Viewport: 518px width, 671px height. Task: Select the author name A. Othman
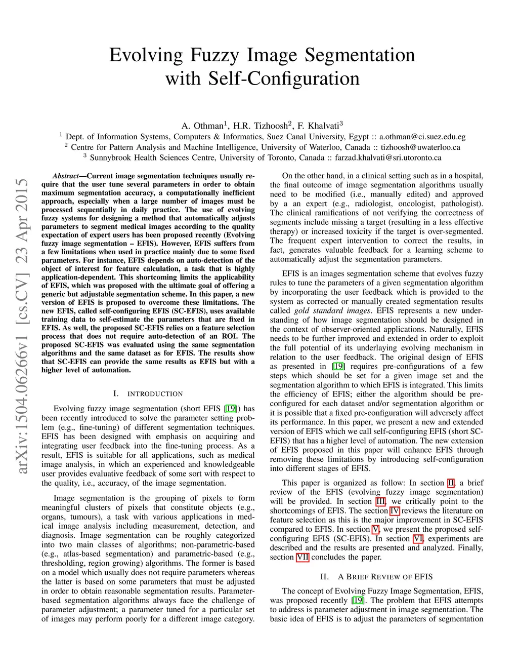(x=202, y=126)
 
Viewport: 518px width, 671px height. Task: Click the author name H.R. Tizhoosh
(x=260, y=126)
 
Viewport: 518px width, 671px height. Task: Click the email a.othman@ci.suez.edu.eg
(x=422, y=137)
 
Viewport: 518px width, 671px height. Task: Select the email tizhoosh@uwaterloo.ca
(x=420, y=147)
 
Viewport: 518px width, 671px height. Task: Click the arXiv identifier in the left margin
(x=22, y=326)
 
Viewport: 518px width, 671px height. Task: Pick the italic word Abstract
(x=66, y=176)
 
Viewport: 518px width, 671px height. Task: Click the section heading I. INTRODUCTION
(x=148, y=393)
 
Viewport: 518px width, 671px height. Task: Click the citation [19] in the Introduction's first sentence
(x=231, y=409)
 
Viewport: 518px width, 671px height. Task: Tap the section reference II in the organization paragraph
(x=451, y=483)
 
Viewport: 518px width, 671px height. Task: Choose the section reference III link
(x=380, y=501)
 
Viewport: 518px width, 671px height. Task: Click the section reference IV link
(x=395, y=510)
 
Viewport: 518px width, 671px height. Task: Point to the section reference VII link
(x=303, y=557)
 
